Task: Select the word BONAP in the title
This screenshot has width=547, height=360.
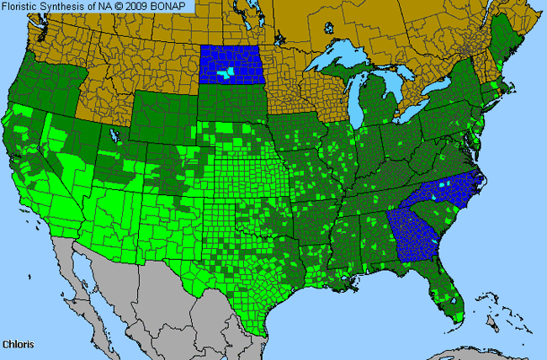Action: (174, 6)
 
